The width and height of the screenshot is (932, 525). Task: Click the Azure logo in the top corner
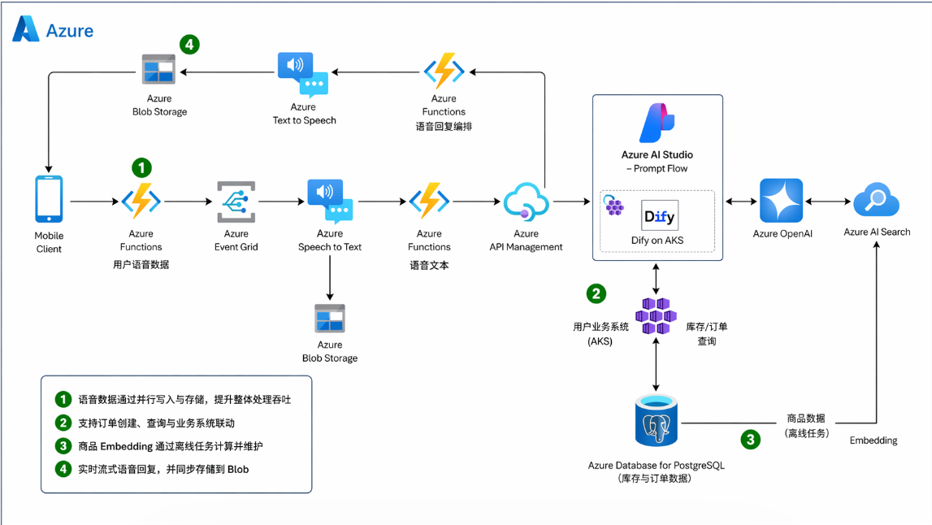pyautogui.click(x=26, y=29)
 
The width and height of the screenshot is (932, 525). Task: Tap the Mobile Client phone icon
pyautogui.click(x=49, y=198)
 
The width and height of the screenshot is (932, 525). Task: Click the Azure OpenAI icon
pyautogui.click(x=781, y=201)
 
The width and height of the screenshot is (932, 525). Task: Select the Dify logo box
pyautogui.click(x=659, y=215)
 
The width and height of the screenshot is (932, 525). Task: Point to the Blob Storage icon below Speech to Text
pyautogui.click(x=330, y=319)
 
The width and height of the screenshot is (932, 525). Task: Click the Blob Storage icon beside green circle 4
pyautogui.click(x=159, y=69)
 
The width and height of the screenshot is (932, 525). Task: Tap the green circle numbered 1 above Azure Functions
pyautogui.click(x=141, y=168)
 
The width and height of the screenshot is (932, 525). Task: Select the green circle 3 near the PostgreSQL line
pyautogui.click(x=749, y=440)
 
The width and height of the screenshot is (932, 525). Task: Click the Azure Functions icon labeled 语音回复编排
pyautogui.click(x=444, y=71)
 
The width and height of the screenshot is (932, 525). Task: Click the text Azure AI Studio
pyautogui.click(x=657, y=154)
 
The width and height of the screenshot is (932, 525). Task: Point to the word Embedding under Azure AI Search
pyautogui.click(x=873, y=440)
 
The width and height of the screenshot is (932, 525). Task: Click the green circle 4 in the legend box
pyautogui.click(x=63, y=469)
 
